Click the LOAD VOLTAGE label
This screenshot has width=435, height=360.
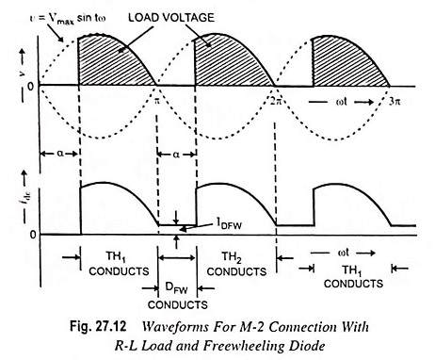click(x=171, y=17)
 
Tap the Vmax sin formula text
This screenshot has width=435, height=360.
click(x=68, y=18)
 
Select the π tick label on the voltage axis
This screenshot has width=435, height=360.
click(x=156, y=101)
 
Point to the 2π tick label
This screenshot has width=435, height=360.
click(x=276, y=101)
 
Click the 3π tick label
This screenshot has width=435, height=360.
click(x=395, y=101)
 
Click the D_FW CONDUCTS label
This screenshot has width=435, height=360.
click(x=178, y=295)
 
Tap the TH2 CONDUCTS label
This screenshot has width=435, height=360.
click(x=236, y=264)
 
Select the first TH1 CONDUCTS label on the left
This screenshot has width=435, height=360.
click(x=119, y=264)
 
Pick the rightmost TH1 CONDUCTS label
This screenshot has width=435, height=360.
click(x=353, y=276)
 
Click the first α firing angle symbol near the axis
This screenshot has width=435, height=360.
click(x=60, y=154)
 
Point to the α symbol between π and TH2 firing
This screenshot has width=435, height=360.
click(x=176, y=155)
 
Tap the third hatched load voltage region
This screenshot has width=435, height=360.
click(x=346, y=62)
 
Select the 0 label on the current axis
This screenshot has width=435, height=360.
click(x=33, y=235)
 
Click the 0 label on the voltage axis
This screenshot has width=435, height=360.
click(x=30, y=86)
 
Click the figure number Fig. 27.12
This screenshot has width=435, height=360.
click(x=98, y=327)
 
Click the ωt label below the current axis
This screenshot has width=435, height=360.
click(x=342, y=253)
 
